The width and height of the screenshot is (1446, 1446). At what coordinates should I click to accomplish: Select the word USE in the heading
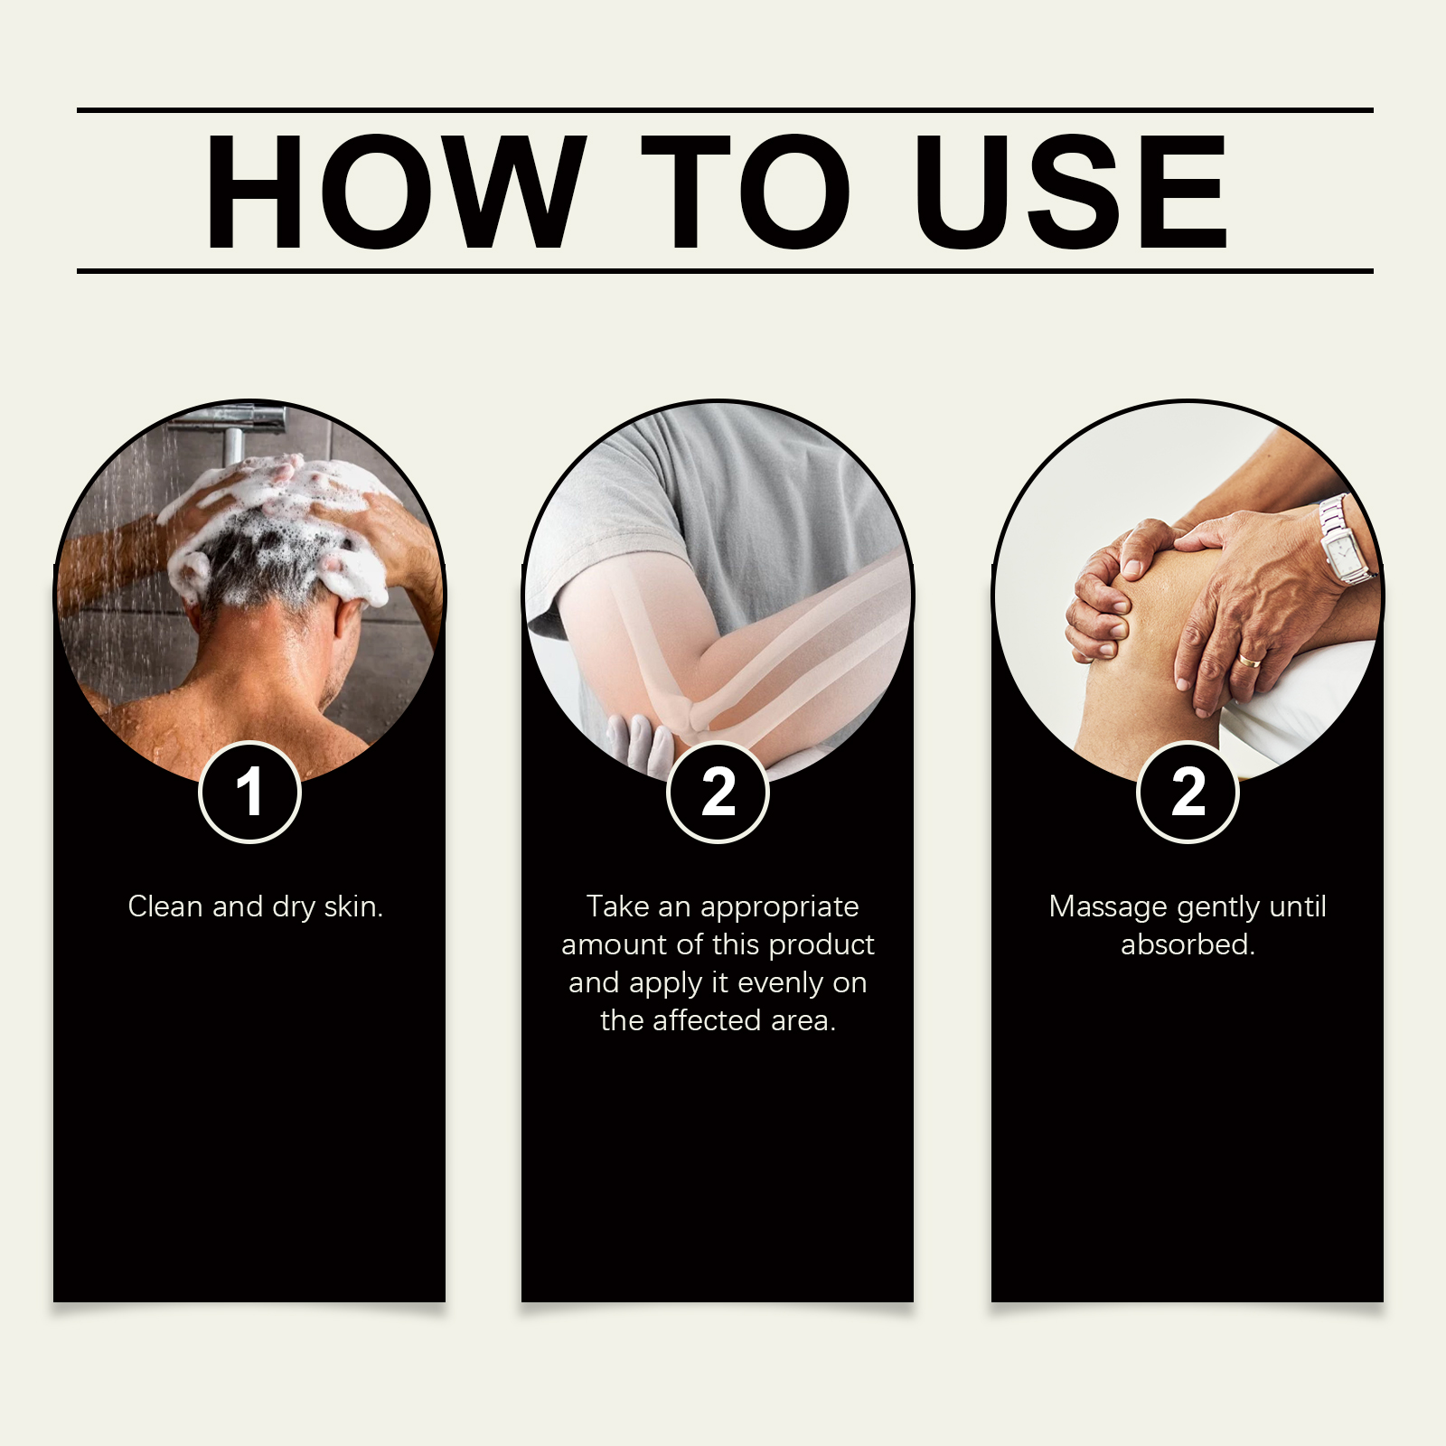[x=1071, y=191]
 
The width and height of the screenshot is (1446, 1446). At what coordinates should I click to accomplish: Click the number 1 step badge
[x=249, y=793]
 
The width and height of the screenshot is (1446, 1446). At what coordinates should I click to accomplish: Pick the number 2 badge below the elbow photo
[x=718, y=793]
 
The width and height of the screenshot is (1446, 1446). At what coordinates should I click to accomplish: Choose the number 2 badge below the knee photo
[x=1188, y=793]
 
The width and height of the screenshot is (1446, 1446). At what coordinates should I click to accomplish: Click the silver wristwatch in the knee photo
[x=1344, y=540]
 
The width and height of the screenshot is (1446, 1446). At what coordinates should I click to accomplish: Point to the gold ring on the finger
[x=1250, y=661]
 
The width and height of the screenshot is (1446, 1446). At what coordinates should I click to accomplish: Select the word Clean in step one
[x=166, y=906]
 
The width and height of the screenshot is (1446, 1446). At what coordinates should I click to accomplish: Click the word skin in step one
[x=353, y=906]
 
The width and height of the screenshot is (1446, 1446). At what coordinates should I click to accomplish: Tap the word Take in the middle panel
[x=618, y=906]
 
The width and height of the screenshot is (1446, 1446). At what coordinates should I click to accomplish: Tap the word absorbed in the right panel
[x=1188, y=944]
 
